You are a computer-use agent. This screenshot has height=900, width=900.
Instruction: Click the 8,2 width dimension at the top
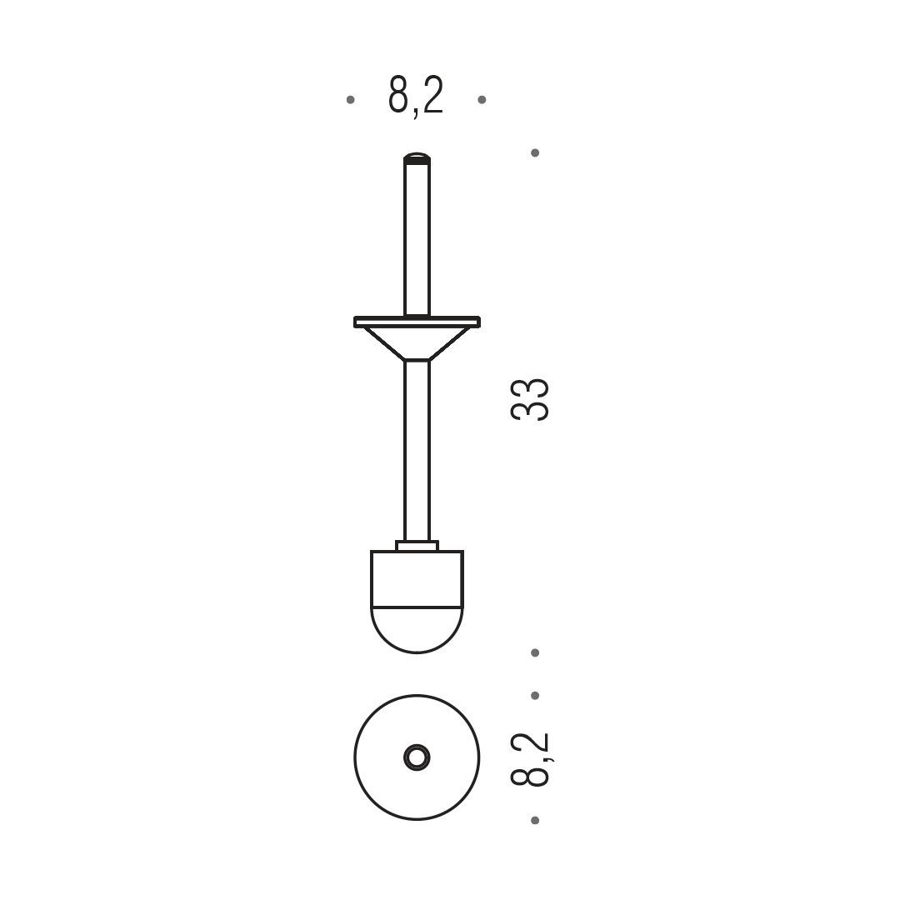point(416,96)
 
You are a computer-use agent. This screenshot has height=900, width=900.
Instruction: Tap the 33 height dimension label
point(530,400)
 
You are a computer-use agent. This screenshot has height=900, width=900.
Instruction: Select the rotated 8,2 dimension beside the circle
point(530,759)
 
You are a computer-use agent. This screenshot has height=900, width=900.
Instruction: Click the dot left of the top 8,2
point(351,100)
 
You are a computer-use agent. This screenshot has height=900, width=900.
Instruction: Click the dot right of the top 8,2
point(482,100)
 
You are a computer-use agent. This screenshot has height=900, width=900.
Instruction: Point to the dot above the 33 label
point(535,152)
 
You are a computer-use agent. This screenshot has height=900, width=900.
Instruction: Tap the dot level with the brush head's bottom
point(535,652)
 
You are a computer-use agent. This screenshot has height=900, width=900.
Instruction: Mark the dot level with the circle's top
point(535,696)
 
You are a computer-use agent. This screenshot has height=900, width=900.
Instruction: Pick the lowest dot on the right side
point(535,820)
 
